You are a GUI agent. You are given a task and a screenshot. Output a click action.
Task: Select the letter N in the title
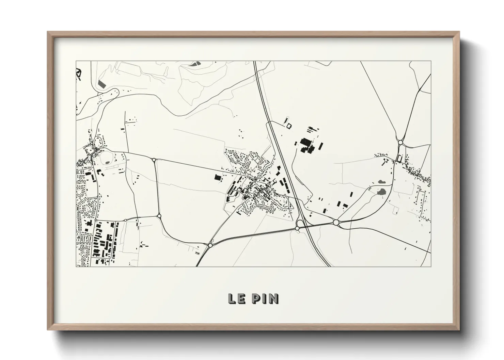[x=274, y=298]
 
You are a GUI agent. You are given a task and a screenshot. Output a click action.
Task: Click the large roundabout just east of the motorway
[x=336, y=223]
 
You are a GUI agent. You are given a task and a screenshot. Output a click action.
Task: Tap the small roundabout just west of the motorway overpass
[x=297, y=228]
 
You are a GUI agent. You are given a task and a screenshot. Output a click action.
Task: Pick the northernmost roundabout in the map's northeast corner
[x=400, y=143]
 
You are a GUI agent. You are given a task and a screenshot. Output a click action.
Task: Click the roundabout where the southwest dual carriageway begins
[x=210, y=245]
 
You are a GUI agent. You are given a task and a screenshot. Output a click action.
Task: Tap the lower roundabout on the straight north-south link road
[x=159, y=215]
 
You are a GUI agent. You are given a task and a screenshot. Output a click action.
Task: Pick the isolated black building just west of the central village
[x=217, y=177]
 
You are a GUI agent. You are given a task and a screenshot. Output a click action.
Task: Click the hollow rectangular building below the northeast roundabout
[x=399, y=159]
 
